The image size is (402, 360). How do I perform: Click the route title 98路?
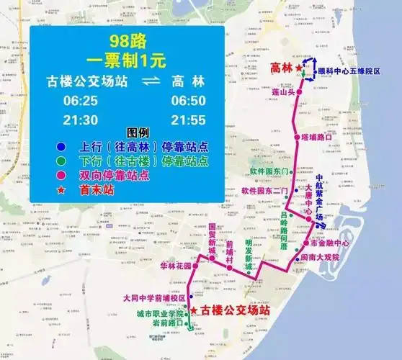(x=126, y=40)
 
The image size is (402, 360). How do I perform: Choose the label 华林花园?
(x=177, y=265)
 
